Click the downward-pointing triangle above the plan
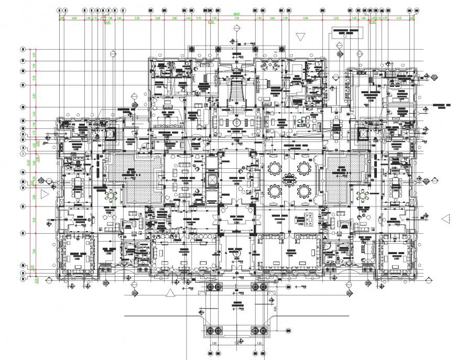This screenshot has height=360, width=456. pos(300,36)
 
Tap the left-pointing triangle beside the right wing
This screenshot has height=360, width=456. pos(446,219)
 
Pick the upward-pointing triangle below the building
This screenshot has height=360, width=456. pos(169,292)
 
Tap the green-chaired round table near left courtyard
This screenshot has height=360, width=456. pos(112,195)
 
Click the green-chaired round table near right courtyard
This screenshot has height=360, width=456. pos(362,195)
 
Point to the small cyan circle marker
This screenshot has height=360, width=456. pos(300,121)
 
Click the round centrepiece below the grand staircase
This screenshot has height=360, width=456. pos(237,122)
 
